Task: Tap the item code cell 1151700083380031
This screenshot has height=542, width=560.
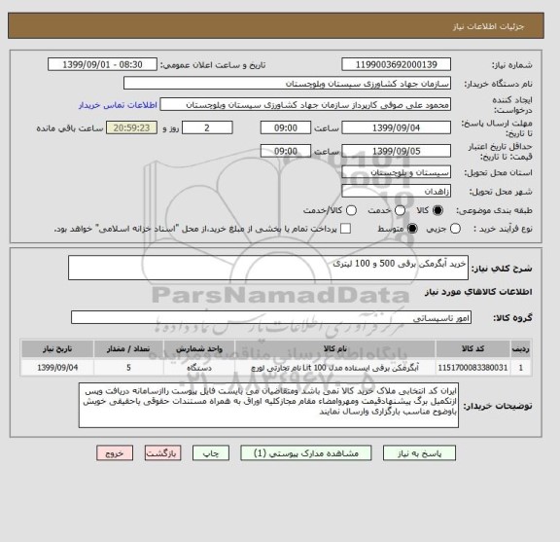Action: (472, 368)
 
